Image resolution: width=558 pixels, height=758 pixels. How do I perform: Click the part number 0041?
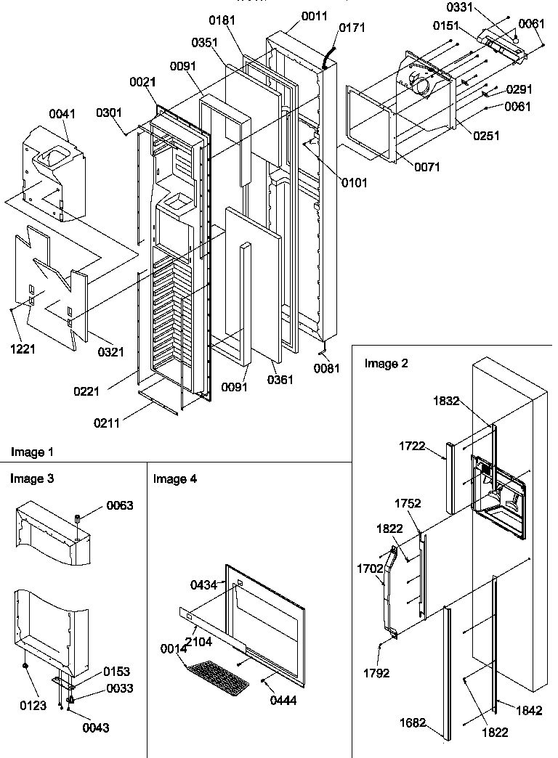[62, 114]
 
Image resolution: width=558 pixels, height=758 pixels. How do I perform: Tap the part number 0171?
[351, 28]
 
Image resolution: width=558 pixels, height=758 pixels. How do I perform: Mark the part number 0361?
[280, 380]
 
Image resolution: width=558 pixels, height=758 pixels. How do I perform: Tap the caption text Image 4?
[174, 479]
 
